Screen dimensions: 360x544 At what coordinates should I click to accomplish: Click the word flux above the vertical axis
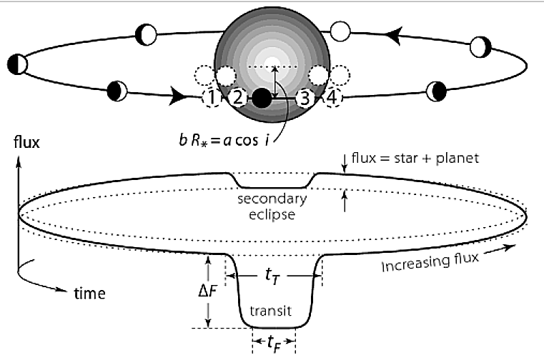point(26,141)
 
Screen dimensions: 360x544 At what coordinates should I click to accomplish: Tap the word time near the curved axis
point(90,292)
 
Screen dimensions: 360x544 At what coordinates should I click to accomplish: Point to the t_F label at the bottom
point(274,342)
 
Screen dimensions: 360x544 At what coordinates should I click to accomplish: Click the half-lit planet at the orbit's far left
point(19,64)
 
